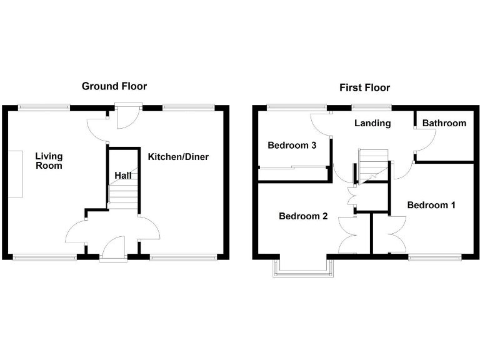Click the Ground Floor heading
click(114, 86)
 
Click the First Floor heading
click(364, 87)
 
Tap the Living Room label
click(49, 161)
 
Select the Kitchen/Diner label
click(178, 156)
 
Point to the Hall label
click(122, 176)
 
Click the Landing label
click(372, 123)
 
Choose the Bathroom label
click(444, 123)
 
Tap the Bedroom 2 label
click(303, 216)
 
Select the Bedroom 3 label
click(291, 146)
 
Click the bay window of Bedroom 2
click(303, 267)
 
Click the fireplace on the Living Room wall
click(16, 174)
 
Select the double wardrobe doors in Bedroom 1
click(392, 234)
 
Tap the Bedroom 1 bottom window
click(435, 256)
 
